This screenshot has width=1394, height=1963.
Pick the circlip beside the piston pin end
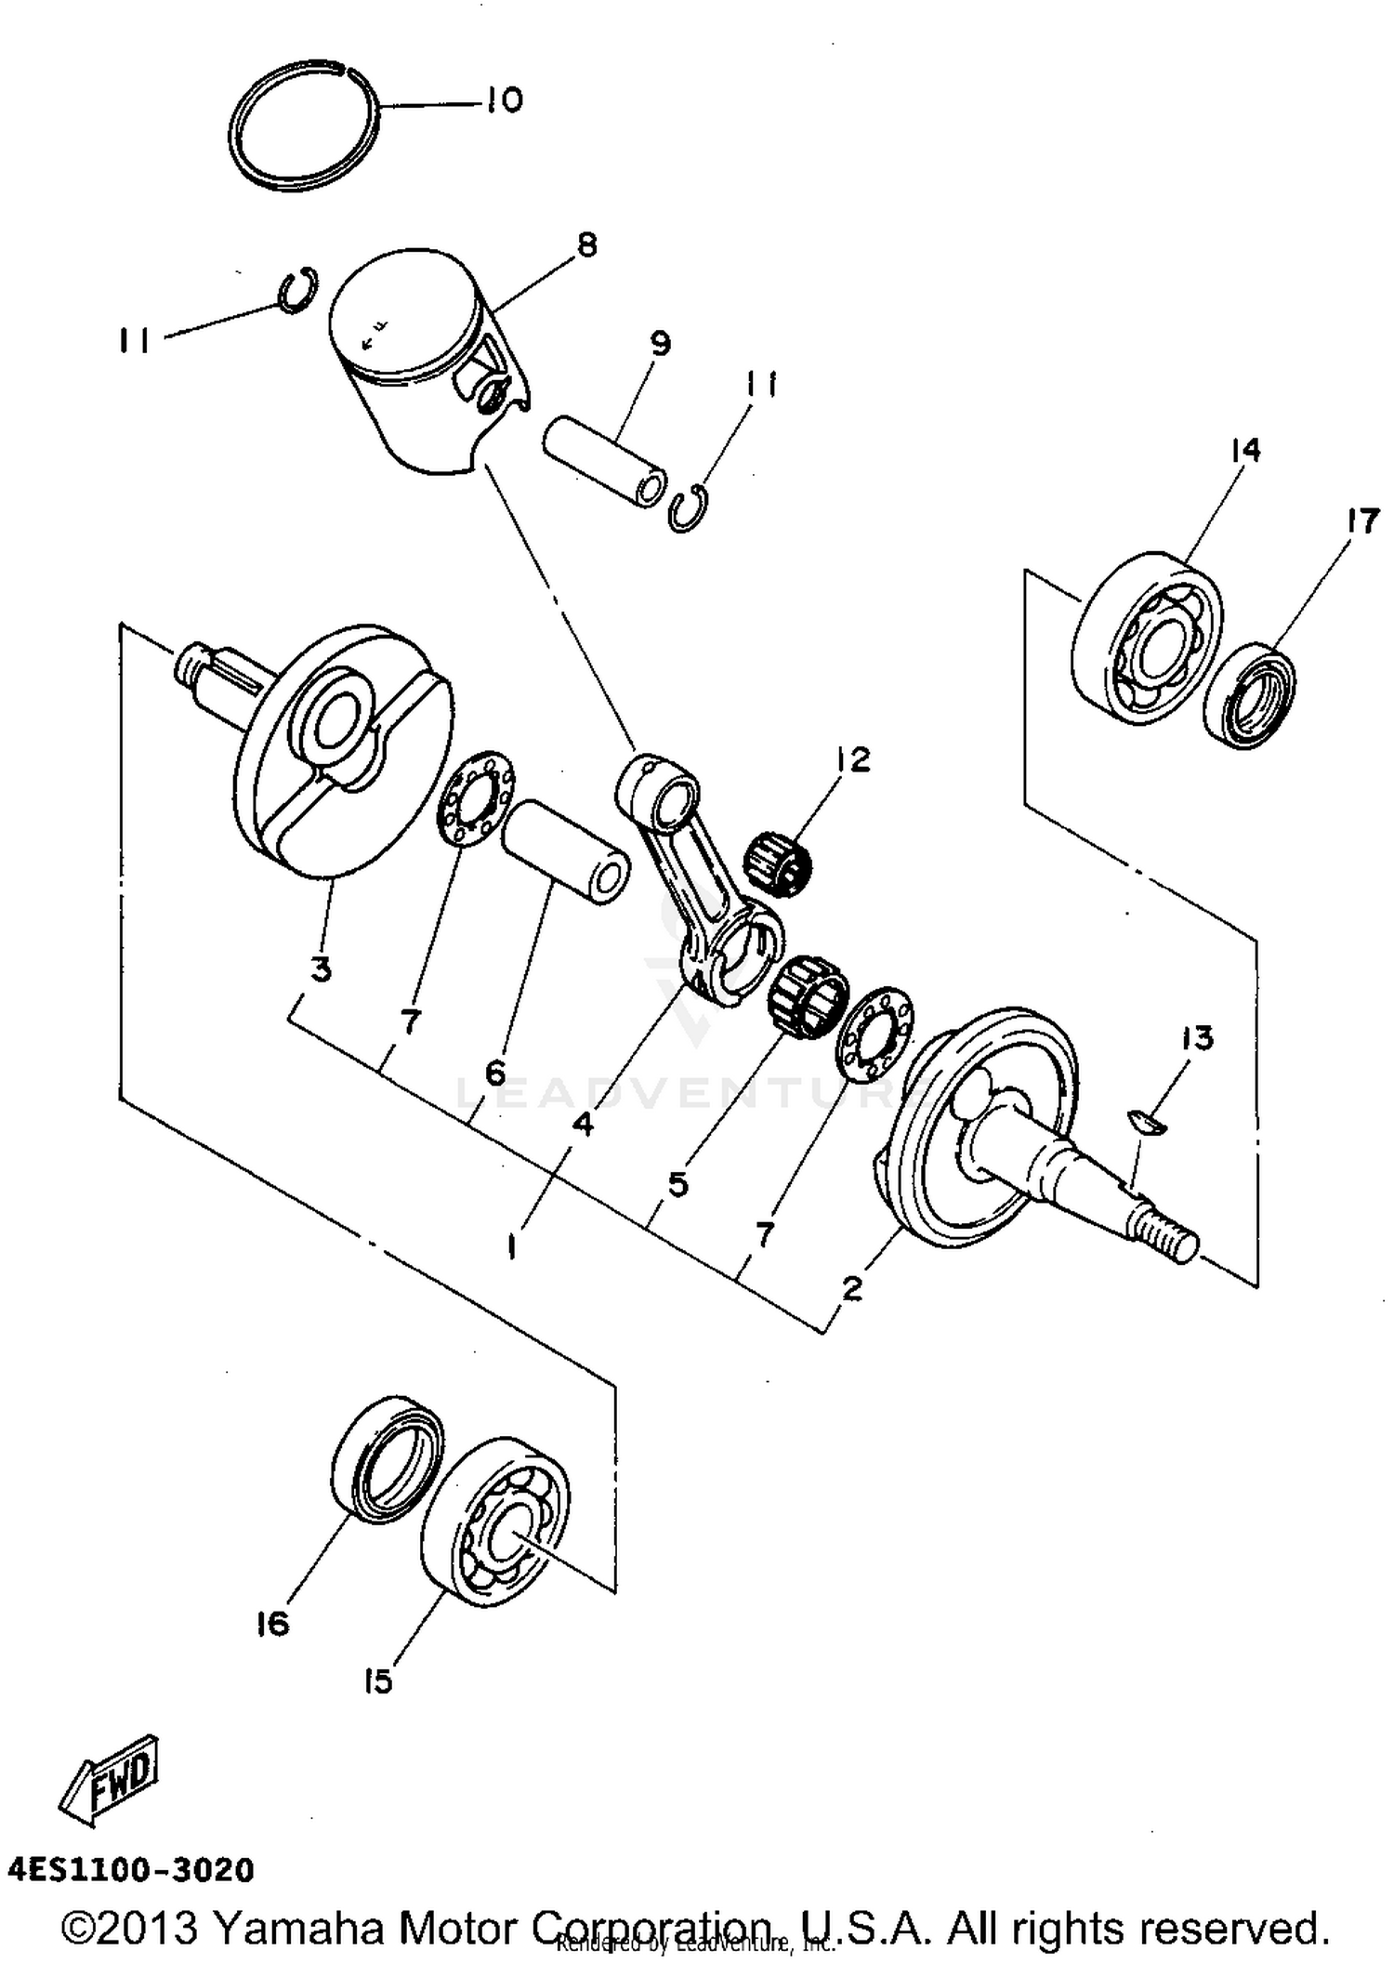coord(689,508)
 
